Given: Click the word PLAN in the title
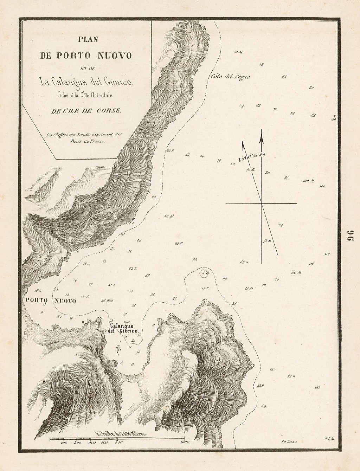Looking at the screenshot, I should [x=87, y=40].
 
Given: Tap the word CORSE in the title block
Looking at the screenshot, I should [x=111, y=111].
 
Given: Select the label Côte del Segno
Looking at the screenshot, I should [x=231, y=77].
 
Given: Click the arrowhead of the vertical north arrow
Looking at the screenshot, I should [x=261, y=138].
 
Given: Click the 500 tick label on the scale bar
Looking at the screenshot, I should [x=118, y=443].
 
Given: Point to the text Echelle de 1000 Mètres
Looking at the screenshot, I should [x=120, y=433].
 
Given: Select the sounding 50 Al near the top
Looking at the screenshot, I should [x=238, y=52].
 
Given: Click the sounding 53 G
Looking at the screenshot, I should [x=244, y=262].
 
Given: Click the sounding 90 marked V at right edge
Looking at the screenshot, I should [x=334, y=118].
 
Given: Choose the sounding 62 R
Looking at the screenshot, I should [x=133, y=269].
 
